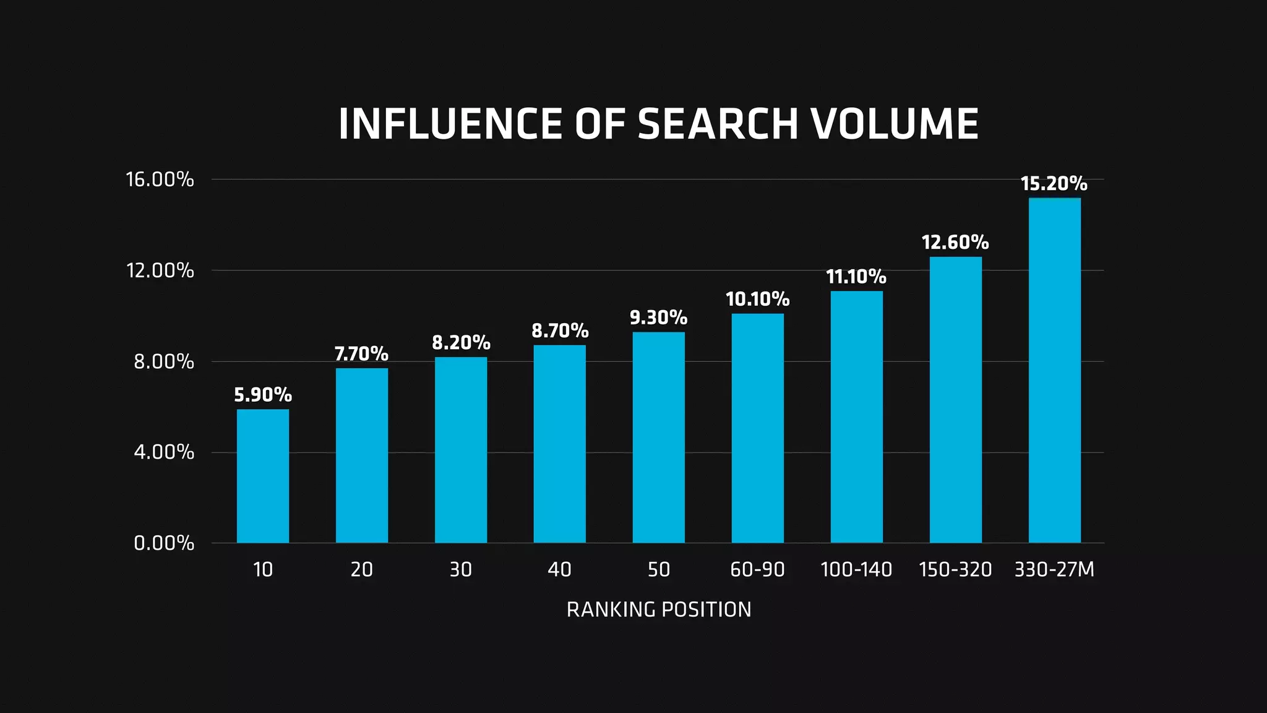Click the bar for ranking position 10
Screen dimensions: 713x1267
262,476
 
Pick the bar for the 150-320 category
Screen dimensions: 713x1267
955,400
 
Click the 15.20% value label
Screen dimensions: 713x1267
1054,183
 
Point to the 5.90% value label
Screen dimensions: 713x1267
262,394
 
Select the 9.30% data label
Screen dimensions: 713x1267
658,318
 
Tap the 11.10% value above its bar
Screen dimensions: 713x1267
856,276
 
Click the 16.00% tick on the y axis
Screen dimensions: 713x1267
160,179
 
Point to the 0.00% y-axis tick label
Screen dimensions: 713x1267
164,543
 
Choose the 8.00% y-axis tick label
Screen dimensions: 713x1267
164,361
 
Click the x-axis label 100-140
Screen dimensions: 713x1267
856,569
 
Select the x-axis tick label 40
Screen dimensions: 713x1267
559,569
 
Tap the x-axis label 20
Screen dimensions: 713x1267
361,569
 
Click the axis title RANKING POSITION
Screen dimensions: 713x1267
659,610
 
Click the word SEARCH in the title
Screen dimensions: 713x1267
718,124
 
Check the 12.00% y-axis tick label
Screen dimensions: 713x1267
160,270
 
